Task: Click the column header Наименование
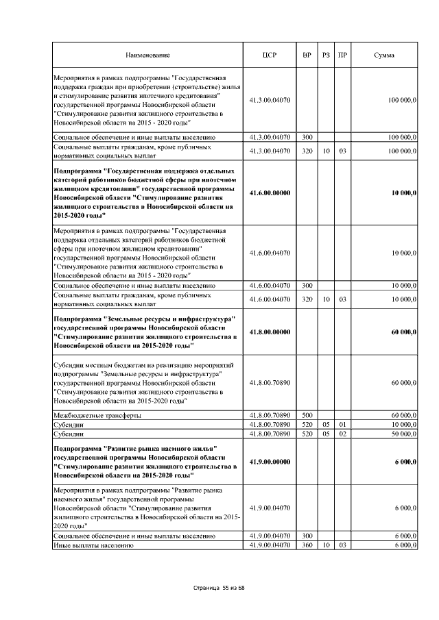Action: pos(147,54)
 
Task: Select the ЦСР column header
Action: pos(270,54)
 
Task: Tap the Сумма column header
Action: pos(383,54)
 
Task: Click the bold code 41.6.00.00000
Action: pos(270,193)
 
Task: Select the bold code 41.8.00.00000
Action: pos(270,332)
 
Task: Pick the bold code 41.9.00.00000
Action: pos(270,462)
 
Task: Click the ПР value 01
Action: pos(341,425)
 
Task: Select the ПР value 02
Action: pos(341,434)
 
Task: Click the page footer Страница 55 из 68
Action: pos(219,588)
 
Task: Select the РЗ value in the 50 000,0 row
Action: pos(325,434)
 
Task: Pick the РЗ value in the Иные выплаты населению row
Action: pos(325,545)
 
